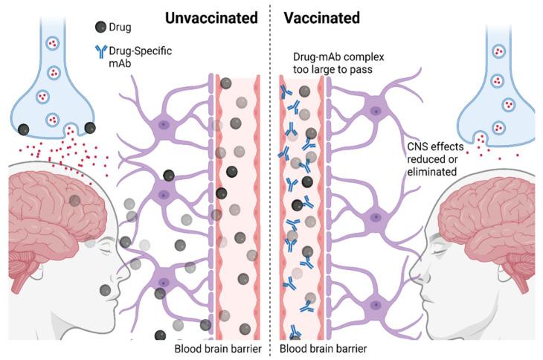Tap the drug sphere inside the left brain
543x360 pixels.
click(75, 199)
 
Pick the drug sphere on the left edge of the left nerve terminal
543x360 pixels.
click(25, 129)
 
